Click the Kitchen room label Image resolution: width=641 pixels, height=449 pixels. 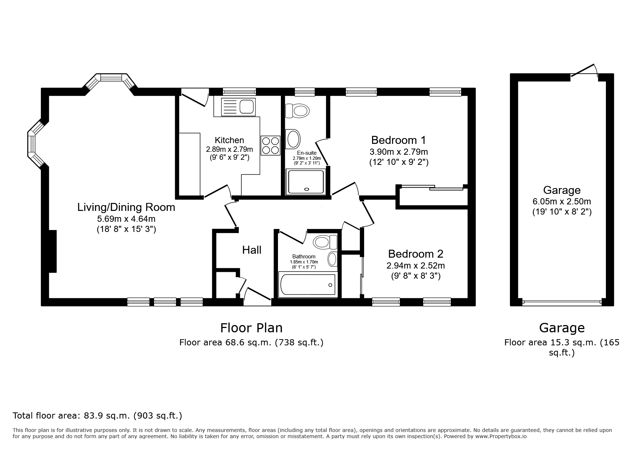229,140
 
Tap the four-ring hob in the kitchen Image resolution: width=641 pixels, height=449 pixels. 270,145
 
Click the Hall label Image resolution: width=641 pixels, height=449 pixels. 252,250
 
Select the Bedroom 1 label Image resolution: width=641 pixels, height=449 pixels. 398,140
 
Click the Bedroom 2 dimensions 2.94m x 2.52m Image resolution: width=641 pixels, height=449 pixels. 416,266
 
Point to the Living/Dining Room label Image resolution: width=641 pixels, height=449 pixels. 126,207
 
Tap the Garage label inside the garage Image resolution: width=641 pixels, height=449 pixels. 562,190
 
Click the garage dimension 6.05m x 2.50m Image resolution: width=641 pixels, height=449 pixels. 562,201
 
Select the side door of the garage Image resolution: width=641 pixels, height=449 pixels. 583,71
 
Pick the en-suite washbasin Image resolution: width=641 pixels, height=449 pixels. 293,139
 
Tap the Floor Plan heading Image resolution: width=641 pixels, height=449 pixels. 252,328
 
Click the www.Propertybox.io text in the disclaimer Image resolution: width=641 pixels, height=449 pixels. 501,436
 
